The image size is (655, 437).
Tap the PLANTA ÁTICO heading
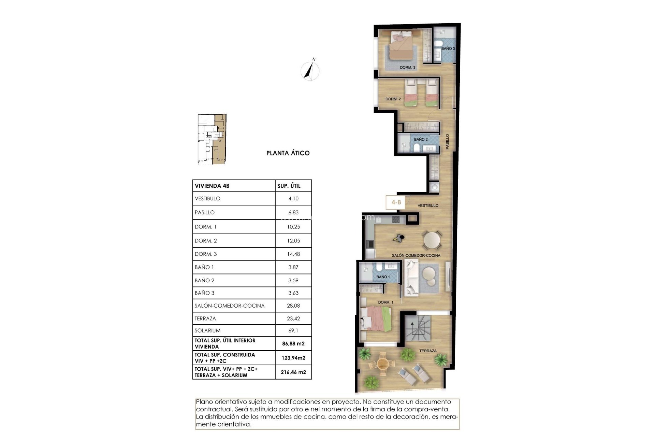point(288,153)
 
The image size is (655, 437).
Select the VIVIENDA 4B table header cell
point(212,186)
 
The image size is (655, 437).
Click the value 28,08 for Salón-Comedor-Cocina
point(293,306)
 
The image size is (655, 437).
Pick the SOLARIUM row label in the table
point(207,330)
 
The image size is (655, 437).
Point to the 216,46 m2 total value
point(293,372)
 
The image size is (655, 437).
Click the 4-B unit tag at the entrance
point(396,202)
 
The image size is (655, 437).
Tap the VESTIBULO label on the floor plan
point(428,206)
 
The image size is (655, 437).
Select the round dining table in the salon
point(432,240)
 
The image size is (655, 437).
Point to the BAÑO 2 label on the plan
point(421,140)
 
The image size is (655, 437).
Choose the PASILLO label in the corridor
point(447,141)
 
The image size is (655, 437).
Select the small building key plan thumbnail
point(212,140)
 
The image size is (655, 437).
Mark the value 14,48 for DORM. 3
point(293,254)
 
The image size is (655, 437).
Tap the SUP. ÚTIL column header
point(289,186)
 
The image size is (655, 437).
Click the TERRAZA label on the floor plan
point(428,351)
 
